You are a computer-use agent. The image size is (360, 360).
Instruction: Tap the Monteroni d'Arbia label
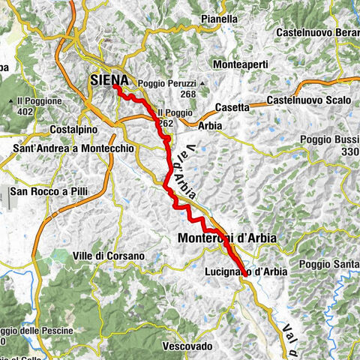[x=227, y=238]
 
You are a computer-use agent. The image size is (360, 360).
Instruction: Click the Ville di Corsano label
[x=108, y=256]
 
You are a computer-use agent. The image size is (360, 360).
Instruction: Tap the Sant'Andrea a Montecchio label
[x=73, y=149]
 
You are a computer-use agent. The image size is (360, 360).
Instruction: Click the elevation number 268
[x=187, y=94]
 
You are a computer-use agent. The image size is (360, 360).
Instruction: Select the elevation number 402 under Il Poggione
[x=24, y=112]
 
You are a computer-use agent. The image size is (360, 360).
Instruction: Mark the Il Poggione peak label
[x=34, y=100]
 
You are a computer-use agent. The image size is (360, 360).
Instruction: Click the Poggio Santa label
[x=330, y=264]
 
